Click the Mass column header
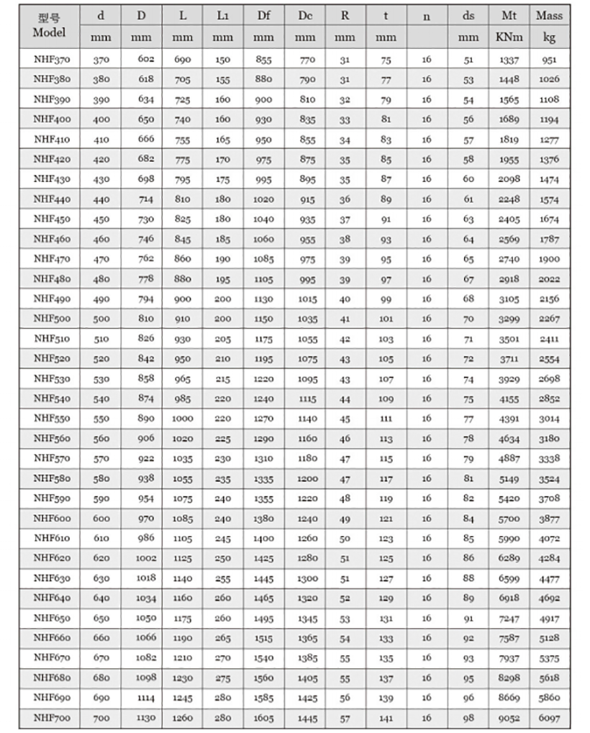[x=549, y=16]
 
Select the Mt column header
[x=509, y=16]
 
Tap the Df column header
[x=263, y=16]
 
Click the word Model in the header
[x=49, y=32]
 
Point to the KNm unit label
[x=509, y=37]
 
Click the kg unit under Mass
[x=549, y=37]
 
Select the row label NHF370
[x=49, y=60]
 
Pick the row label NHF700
[x=49, y=717]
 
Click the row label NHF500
[x=49, y=319]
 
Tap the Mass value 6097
[x=549, y=717]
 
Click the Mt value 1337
[x=509, y=60]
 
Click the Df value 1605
[x=263, y=717]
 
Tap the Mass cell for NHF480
[x=549, y=279]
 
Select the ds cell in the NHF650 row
[x=469, y=618]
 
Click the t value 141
[x=386, y=717]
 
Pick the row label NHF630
[x=49, y=578]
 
